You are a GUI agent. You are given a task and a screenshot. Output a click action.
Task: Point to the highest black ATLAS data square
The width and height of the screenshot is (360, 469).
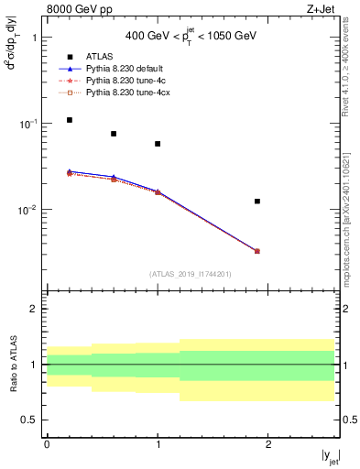point(70,120)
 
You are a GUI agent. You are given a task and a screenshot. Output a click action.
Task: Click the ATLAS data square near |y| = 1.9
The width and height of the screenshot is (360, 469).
point(257,201)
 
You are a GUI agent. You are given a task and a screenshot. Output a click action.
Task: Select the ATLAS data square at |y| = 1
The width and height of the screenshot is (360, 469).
point(158,144)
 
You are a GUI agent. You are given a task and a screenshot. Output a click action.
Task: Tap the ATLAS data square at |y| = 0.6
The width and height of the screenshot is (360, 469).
point(114,134)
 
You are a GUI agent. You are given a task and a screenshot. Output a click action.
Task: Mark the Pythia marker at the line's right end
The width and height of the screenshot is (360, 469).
point(257,251)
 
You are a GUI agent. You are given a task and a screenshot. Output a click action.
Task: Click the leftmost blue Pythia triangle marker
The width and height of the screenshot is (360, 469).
point(70,171)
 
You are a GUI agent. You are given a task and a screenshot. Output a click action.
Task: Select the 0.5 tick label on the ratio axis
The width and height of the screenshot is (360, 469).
point(29,420)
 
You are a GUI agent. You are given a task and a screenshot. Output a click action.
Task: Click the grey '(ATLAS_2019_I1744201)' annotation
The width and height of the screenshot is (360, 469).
point(191,273)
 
